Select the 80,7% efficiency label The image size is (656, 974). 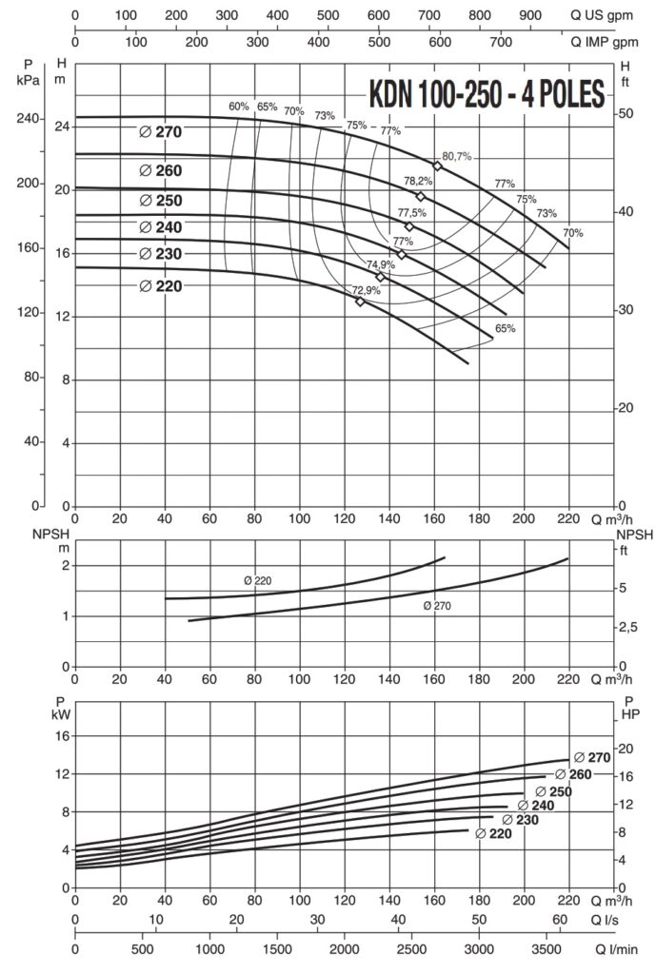457,156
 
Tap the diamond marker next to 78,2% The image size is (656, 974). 420,196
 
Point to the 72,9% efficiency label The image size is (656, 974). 367,290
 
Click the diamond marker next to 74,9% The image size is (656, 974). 381,277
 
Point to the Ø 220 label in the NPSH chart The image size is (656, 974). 258,579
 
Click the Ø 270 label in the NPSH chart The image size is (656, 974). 436,605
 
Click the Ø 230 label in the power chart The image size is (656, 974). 520,820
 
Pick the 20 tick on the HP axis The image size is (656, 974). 624,749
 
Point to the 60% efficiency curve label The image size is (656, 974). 238,107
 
